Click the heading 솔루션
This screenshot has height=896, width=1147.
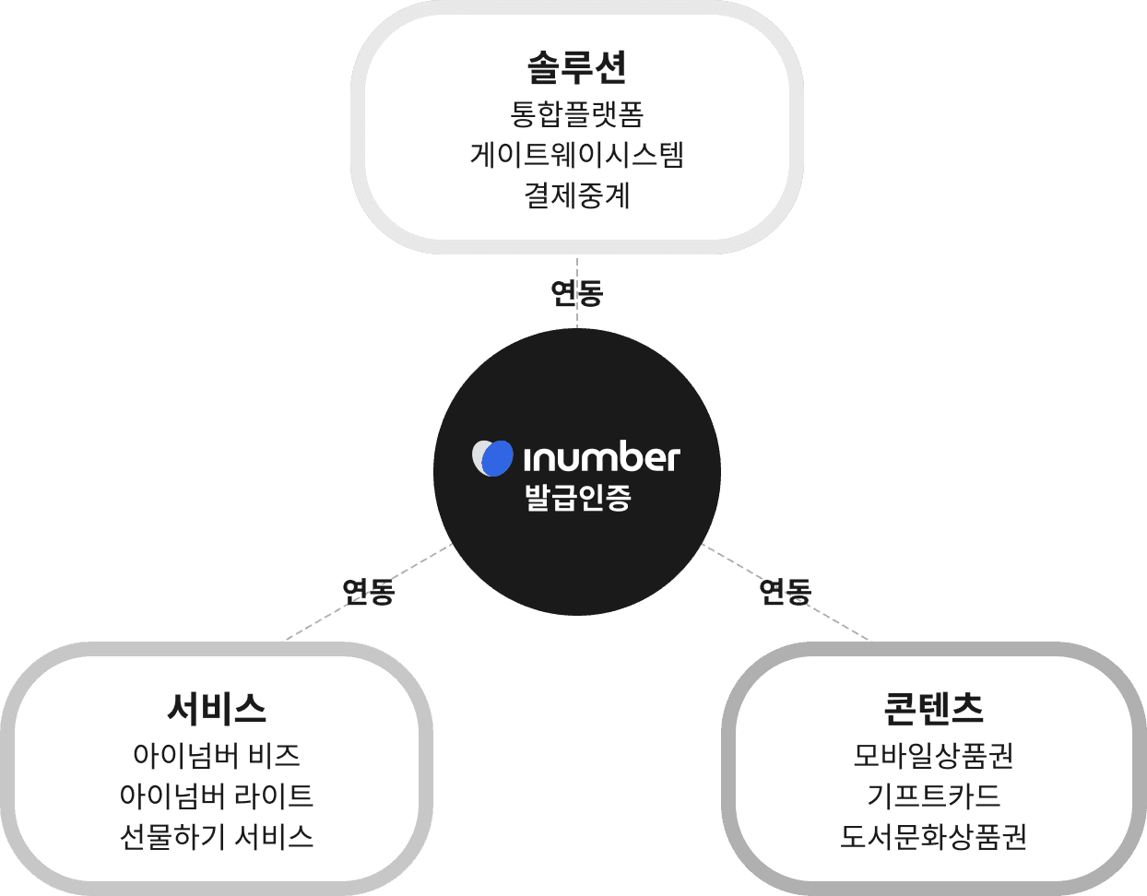(x=576, y=66)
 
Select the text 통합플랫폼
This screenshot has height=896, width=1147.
(x=576, y=114)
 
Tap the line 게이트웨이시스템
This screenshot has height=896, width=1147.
(x=576, y=154)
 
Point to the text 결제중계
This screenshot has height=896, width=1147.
(x=576, y=195)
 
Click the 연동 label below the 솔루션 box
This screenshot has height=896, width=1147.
(x=576, y=293)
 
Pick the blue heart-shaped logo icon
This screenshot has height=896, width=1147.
(x=493, y=457)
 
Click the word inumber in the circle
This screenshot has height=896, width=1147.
(x=600, y=457)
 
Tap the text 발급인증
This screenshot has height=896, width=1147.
(x=577, y=498)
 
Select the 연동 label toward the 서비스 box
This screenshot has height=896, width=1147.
(x=368, y=591)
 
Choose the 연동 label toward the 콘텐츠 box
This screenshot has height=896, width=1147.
(x=785, y=591)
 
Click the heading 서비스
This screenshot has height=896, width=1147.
(x=217, y=708)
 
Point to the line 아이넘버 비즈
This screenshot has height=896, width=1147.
(x=217, y=756)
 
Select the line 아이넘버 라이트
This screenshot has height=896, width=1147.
(x=217, y=796)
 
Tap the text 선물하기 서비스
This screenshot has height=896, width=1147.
(x=217, y=836)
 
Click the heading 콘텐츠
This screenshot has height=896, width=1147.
(x=933, y=708)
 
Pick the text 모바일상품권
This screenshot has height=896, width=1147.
(x=933, y=756)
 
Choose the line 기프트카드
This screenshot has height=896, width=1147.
(x=933, y=796)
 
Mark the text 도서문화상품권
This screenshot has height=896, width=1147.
(x=933, y=836)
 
